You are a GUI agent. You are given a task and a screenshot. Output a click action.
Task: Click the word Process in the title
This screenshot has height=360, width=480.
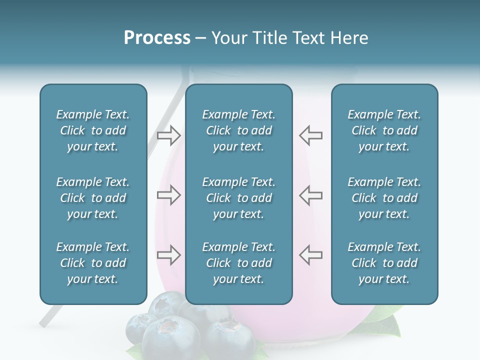(x=157, y=38)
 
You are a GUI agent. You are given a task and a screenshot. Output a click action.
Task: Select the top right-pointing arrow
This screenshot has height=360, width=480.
(x=168, y=135)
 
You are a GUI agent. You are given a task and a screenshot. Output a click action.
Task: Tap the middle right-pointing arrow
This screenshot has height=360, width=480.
(x=168, y=195)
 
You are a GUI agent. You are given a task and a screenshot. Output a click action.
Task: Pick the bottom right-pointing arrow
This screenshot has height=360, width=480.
(x=168, y=255)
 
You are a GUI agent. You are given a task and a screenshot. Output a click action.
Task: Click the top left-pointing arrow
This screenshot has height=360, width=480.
(x=310, y=135)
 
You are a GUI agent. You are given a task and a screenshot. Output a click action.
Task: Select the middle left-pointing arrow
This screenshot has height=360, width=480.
(x=310, y=195)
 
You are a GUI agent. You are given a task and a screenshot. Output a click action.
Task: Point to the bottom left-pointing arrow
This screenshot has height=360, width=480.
(x=310, y=255)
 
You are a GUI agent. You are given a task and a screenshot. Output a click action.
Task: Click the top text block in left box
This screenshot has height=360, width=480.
(x=93, y=130)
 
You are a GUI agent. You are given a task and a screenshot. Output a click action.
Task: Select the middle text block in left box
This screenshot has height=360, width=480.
(x=93, y=198)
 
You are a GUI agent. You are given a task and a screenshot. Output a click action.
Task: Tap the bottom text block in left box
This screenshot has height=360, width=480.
(x=93, y=263)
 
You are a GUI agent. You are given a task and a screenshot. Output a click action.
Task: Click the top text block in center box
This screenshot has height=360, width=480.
(x=238, y=130)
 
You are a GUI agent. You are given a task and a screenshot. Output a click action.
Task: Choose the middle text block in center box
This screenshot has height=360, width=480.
(x=238, y=198)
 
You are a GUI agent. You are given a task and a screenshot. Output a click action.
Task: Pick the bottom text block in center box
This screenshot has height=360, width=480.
(x=238, y=263)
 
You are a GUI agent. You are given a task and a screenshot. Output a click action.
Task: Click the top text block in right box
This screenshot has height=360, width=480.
(x=384, y=130)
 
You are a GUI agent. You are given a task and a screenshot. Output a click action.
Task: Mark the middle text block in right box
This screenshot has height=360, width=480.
(x=384, y=198)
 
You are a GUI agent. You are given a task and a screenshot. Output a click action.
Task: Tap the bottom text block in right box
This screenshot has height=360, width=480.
(x=384, y=263)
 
